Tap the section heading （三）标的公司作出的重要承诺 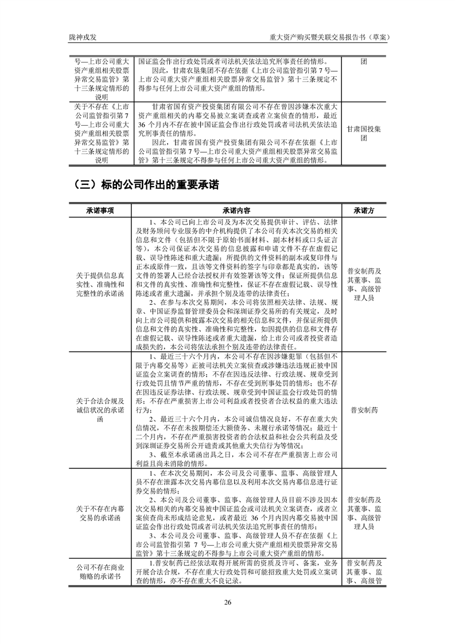(146, 185)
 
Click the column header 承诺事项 (100, 211)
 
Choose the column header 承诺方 (364, 211)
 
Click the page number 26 (228, 602)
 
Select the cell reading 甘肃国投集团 (364, 134)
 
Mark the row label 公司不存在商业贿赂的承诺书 (100, 572)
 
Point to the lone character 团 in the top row (364, 63)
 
